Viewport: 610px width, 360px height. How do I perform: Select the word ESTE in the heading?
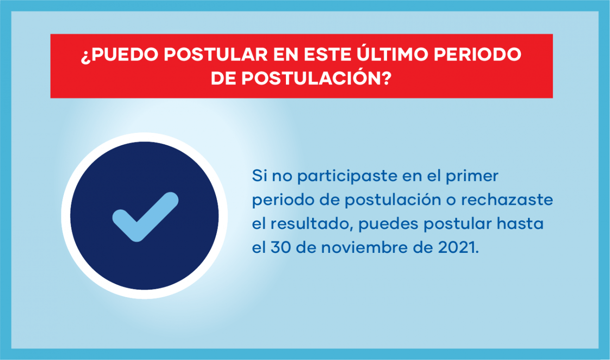click(x=327, y=54)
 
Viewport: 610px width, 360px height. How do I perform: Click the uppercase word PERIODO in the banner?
click(x=478, y=54)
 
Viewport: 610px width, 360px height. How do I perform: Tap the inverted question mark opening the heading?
click(x=86, y=57)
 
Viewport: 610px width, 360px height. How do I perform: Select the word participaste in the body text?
click(x=347, y=176)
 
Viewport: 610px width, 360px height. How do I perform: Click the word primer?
click(x=472, y=176)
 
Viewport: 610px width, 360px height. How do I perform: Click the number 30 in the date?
click(x=281, y=248)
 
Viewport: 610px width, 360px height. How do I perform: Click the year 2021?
click(x=457, y=248)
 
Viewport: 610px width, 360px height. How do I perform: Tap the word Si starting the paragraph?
click(x=259, y=176)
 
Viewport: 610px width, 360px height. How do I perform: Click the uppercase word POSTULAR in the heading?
click(x=216, y=54)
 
